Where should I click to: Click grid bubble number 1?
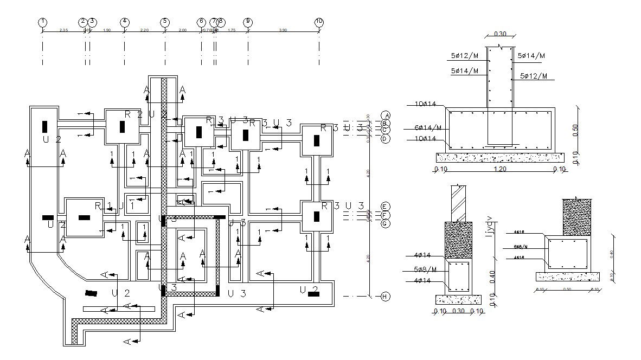click(42, 22)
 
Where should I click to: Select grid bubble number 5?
click(164, 22)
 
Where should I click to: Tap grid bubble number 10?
click(319, 22)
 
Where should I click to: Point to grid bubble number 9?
click(248, 22)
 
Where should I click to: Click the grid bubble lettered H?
click(385, 297)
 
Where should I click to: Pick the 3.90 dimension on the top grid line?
click(283, 30)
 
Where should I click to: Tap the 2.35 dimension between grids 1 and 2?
click(63, 30)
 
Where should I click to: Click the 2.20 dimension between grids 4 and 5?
click(144, 30)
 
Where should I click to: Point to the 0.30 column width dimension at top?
click(499, 34)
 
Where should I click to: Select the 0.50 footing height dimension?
click(575, 130)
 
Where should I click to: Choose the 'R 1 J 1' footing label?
click(114, 205)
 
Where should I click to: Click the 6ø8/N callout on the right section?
click(521, 247)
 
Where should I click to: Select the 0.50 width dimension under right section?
click(567, 290)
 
